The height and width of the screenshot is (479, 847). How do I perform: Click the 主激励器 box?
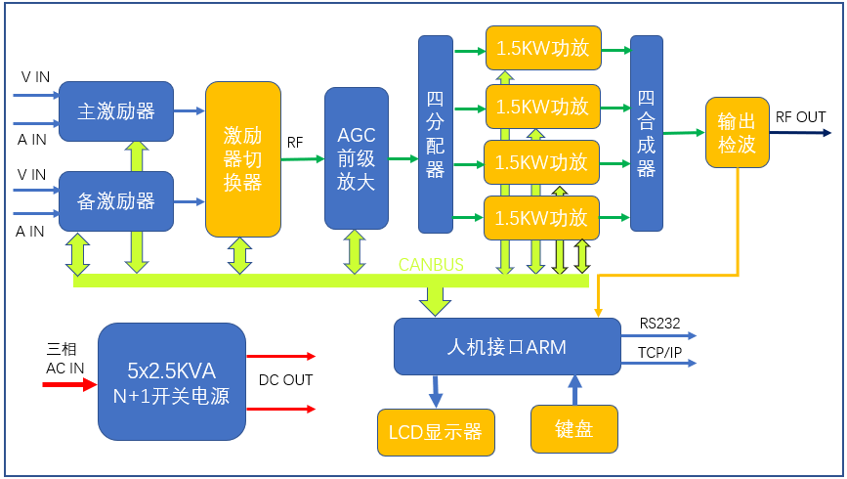pos(116,111)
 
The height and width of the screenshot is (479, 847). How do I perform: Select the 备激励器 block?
pos(116,201)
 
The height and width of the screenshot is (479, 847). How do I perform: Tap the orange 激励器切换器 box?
pos(243,158)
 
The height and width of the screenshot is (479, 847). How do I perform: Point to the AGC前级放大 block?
pos(356,158)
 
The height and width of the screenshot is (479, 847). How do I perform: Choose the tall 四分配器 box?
pos(436,134)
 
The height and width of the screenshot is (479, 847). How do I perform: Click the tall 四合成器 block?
pos(647,133)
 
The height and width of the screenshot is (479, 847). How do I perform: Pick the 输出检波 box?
pos(737,133)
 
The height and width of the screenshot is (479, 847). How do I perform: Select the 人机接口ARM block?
pos(506,346)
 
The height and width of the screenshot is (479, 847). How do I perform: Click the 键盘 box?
pos(574,429)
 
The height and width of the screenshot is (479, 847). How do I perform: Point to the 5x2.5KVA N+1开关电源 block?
pos(172,382)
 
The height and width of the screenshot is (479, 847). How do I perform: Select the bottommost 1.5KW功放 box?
pos(542,217)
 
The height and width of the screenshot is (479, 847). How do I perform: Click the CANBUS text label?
pos(431,265)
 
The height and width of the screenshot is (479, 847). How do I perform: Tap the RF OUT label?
pos(800,117)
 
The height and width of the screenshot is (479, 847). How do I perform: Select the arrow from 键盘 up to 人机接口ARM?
pos(574,389)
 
